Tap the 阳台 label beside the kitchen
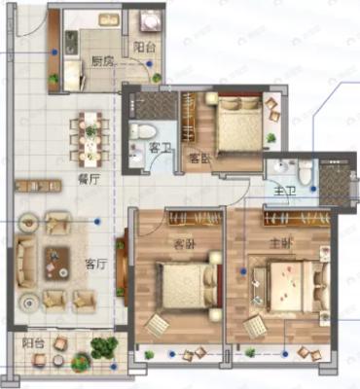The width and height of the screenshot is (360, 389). click(x=146, y=46)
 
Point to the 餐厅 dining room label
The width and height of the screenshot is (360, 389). click(x=90, y=179)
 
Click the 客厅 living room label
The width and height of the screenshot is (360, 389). click(x=95, y=263)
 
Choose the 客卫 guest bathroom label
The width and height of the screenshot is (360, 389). click(x=161, y=148)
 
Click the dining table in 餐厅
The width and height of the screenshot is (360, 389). click(x=90, y=136)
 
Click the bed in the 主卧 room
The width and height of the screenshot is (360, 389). click(x=289, y=288)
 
